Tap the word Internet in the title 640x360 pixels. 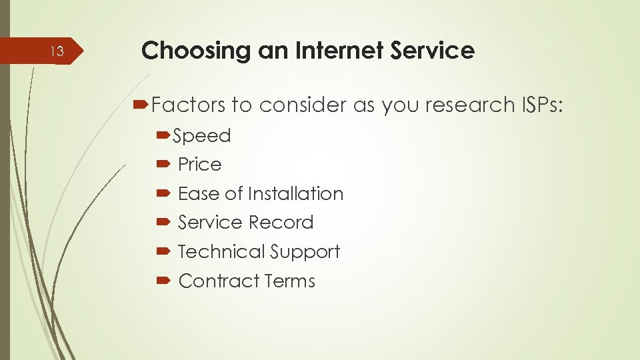point(334,50)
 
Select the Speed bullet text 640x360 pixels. point(201,136)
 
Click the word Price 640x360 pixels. point(199,164)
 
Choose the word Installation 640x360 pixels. point(295,193)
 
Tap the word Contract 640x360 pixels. point(219,281)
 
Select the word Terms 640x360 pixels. point(289,281)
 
